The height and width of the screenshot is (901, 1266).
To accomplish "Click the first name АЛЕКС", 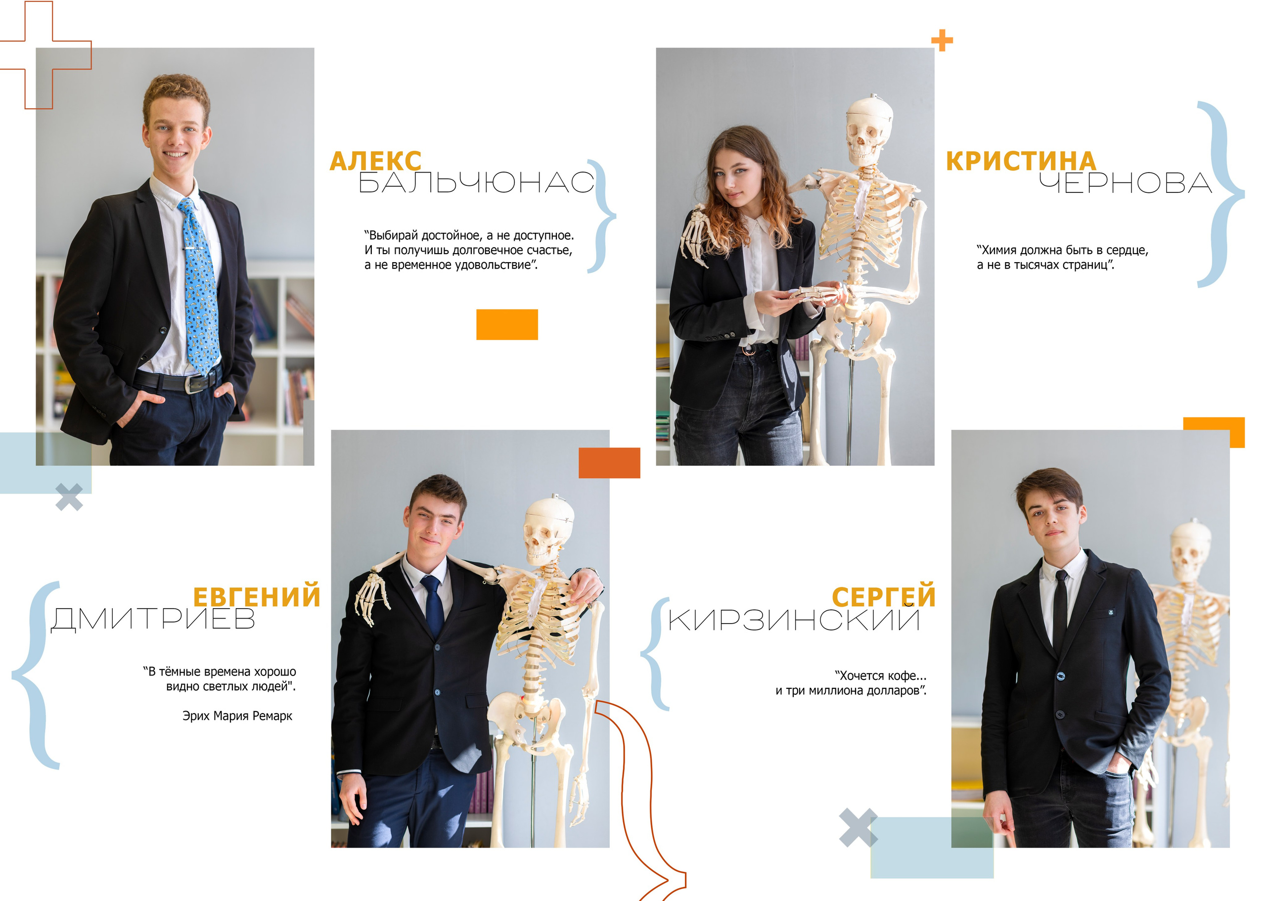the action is point(375,161).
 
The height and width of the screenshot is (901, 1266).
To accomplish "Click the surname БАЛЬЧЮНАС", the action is point(477,182).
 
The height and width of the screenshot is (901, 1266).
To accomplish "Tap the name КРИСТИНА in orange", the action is point(1021,161).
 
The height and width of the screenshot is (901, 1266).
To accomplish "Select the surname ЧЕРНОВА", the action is point(1126,182).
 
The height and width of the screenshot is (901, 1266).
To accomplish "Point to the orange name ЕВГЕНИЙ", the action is point(257,597).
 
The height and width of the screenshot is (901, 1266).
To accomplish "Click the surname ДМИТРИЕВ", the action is point(153,619).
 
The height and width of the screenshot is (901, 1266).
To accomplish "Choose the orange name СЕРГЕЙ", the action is point(884,597).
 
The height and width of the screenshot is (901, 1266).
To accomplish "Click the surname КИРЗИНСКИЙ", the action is point(794,619).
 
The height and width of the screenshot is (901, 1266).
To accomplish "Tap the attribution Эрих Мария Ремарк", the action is point(237,716).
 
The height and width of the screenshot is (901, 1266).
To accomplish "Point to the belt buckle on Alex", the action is point(195,384).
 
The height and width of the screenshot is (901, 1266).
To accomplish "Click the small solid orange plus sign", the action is point(942,41).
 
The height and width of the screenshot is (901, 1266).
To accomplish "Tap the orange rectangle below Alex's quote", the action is point(507,324).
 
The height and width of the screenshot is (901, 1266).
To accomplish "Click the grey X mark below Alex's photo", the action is point(69,497).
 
